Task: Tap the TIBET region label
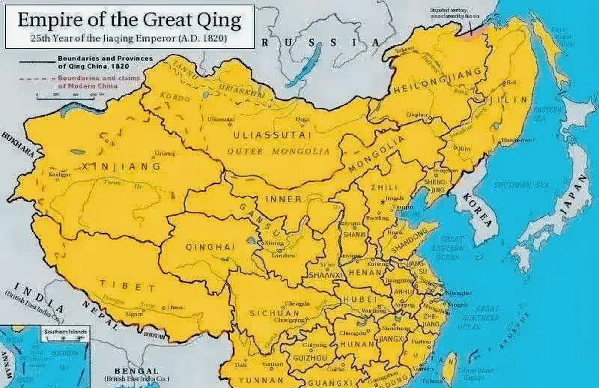pyautogui.click(x=128, y=286)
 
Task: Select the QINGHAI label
pyautogui.click(x=210, y=247)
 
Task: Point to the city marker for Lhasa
pyautogui.click(x=164, y=308)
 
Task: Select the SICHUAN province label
pyautogui.click(x=275, y=313)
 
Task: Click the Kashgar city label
pyautogui.click(x=60, y=175)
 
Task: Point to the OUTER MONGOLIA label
pyautogui.click(x=278, y=151)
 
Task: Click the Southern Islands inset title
pyautogui.click(x=65, y=332)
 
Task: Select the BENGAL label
pyautogui.click(x=136, y=371)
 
